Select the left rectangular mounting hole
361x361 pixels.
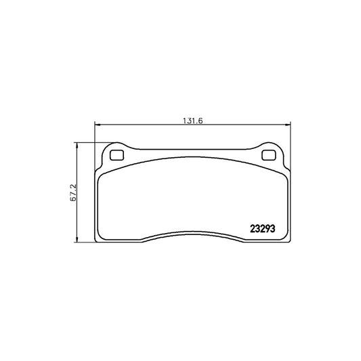click(x=116, y=154)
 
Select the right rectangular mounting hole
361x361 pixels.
click(x=269, y=154)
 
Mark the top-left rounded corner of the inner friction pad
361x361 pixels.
click(x=102, y=173)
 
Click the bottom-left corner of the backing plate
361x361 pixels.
click(x=97, y=240)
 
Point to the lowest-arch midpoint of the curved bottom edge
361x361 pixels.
click(x=192, y=233)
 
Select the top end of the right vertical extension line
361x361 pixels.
click(x=291, y=123)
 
